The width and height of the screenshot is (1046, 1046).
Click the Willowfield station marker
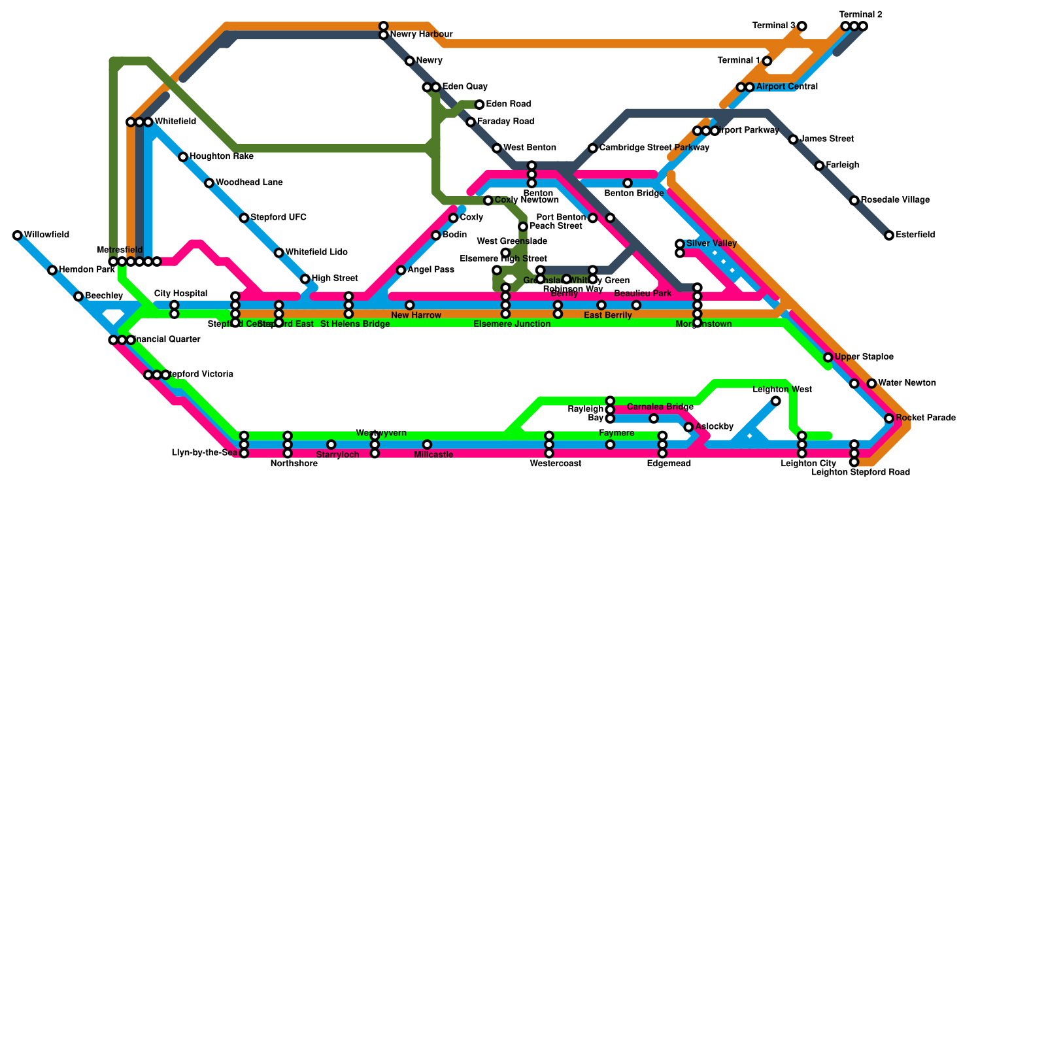point(18,235)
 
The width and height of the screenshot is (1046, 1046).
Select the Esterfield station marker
point(889,235)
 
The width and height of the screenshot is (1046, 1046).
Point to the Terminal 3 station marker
point(802,26)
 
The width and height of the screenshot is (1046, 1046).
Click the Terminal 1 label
point(738,61)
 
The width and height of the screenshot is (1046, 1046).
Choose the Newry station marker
point(410,61)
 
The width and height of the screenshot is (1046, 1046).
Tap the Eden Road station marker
point(480,105)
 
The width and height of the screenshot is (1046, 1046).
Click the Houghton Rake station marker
point(183,157)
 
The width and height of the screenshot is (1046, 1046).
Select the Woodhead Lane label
point(248,182)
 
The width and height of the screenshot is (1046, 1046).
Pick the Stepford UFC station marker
point(244,218)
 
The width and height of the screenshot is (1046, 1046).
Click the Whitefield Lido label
point(316,252)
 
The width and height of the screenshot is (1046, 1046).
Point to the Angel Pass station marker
point(401,271)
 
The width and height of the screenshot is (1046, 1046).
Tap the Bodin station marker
point(436,235)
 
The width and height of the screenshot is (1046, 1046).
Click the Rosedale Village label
point(895,200)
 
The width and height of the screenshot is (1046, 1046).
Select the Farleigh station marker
point(820,166)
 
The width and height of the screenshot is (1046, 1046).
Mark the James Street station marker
point(793,140)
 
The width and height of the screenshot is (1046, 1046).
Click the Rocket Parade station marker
point(889,418)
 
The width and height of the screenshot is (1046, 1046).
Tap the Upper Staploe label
point(864,357)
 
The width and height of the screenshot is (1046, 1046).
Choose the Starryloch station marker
point(331,445)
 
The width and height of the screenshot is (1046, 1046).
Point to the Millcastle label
point(433,455)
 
